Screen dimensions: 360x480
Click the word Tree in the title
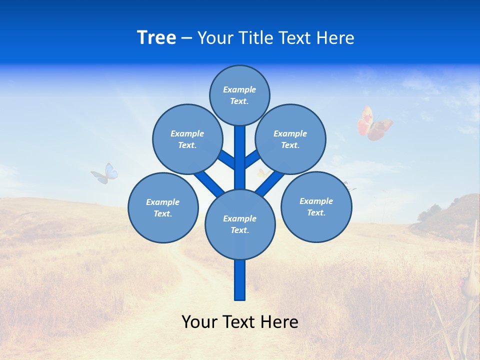pos(156,38)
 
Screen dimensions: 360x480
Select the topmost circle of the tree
pos(239,95)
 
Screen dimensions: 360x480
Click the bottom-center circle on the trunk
pos(240,224)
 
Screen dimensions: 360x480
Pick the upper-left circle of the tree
pos(187,139)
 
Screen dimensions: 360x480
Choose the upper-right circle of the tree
pos(290,139)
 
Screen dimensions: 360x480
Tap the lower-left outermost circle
pos(163,207)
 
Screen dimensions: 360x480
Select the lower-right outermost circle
pos(316,206)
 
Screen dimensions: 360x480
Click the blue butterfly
pos(105,173)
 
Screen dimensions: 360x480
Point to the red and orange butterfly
pos(374,123)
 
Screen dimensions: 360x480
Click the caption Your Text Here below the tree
pos(240,322)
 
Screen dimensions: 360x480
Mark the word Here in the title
pos(336,38)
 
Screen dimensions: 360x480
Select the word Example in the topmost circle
pos(239,89)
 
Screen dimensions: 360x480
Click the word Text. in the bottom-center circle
pos(239,230)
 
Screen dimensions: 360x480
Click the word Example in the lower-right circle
pos(316,201)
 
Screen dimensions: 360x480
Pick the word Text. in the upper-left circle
pos(187,145)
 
